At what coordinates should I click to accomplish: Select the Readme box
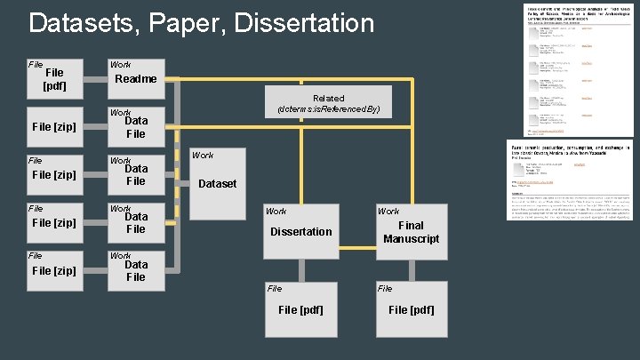[x=135, y=79]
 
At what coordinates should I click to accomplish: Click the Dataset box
[x=217, y=183]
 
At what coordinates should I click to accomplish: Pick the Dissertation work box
[x=301, y=231]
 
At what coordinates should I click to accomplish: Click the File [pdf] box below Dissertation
[x=301, y=309]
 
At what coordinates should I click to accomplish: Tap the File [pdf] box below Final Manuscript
[x=411, y=309]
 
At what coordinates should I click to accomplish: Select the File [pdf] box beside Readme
[x=53, y=79]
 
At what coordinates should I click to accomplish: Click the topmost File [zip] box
[x=53, y=127]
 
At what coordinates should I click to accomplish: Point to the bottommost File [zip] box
[x=53, y=270]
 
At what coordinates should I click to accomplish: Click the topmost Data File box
[x=135, y=127]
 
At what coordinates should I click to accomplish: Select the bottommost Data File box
[x=135, y=270]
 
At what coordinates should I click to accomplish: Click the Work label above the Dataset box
[x=203, y=156]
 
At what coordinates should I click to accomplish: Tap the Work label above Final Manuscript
[x=388, y=212]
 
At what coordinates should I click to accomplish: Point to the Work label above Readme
[x=120, y=64]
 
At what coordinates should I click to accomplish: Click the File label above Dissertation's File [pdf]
[x=275, y=288]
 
